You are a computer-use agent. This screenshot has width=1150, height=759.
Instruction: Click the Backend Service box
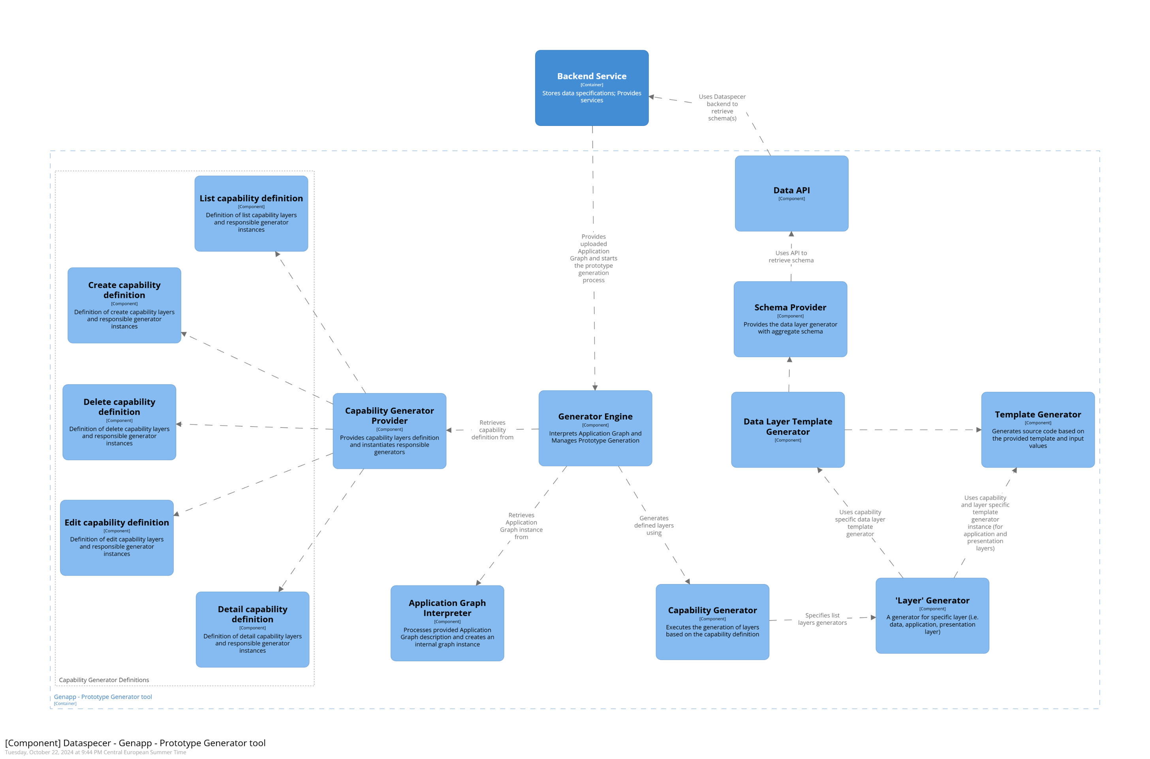[591, 88]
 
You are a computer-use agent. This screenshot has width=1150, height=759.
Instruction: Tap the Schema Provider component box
[790, 319]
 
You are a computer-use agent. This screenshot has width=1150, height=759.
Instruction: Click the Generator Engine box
[595, 428]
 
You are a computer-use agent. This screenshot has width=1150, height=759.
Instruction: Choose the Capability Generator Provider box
[389, 430]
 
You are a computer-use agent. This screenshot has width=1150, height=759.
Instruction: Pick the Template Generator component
[1038, 429]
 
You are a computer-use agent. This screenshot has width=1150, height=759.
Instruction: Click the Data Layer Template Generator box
[788, 429]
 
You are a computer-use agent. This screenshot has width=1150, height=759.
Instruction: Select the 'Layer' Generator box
[932, 615]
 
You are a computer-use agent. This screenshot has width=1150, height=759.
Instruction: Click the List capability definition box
[251, 214]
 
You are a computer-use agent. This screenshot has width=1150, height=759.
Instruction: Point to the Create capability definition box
[124, 305]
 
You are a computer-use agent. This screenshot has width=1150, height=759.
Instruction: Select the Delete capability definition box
[119, 422]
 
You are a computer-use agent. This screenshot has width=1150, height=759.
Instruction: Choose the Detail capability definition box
[252, 629]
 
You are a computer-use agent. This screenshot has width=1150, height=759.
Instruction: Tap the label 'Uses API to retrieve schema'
[791, 257]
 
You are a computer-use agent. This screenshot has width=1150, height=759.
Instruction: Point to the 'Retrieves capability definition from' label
[492, 430]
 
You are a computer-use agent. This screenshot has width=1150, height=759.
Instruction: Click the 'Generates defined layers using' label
[654, 525]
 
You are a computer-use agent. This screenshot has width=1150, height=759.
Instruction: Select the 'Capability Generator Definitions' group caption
[103, 680]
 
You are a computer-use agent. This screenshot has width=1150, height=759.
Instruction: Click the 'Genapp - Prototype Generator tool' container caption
[103, 697]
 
